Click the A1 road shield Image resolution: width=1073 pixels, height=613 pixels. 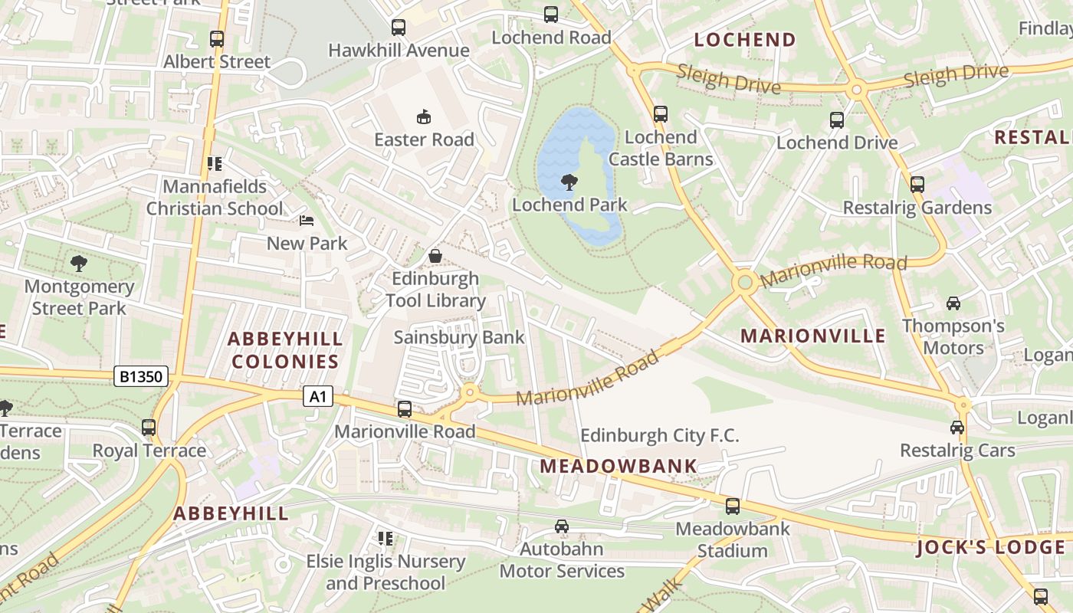319,396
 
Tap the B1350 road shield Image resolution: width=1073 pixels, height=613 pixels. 142,376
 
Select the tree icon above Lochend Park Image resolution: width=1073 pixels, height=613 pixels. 569,182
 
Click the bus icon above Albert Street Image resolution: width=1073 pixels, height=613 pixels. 217,39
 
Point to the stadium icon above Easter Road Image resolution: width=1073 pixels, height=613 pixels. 424,116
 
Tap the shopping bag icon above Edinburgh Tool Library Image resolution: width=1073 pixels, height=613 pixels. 435,255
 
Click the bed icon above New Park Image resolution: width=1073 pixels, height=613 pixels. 307,221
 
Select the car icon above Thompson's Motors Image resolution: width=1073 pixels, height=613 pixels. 953,303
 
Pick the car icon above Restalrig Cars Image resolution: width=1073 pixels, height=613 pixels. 957,428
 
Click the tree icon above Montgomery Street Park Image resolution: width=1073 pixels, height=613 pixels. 78,264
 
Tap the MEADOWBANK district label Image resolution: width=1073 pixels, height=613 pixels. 619,465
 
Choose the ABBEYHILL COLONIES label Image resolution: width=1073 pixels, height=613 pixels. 285,349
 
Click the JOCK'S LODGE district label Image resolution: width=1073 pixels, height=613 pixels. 990,547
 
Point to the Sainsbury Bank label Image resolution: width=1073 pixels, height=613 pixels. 459,337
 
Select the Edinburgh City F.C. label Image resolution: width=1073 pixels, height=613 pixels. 659,436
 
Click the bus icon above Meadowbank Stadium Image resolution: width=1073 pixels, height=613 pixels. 733,506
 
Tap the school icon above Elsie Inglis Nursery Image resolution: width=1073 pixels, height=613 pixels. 386,539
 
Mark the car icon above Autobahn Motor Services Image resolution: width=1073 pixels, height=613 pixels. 562,526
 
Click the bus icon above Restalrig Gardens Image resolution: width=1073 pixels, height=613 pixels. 917,184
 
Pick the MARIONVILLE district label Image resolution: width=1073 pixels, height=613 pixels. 813,336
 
